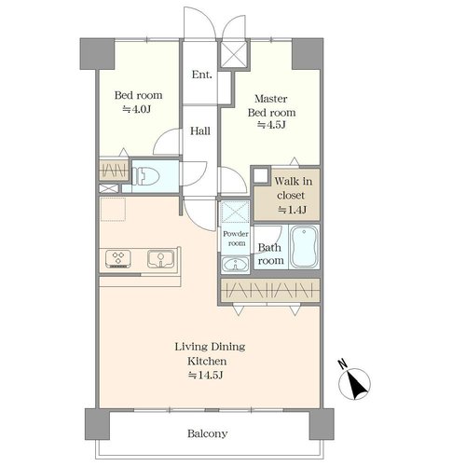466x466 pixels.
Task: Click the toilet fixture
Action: [x=145, y=176]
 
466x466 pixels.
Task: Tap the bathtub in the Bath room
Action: [x=304, y=246]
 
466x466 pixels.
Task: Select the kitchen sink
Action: [x=160, y=259]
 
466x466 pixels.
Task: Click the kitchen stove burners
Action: [x=118, y=259]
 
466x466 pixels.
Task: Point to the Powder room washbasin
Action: [x=235, y=265]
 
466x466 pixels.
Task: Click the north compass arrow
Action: [x=356, y=385]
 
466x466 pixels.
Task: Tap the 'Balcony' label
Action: [x=207, y=433]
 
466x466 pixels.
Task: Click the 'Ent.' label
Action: [x=202, y=75]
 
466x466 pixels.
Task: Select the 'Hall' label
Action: [x=200, y=130]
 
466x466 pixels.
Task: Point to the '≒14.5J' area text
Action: [x=206, y=376]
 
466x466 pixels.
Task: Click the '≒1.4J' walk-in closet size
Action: [x=292, y=210]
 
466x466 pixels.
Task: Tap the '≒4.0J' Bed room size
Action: [x=137, y=109]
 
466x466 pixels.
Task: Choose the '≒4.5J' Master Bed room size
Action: [x=271, y=125]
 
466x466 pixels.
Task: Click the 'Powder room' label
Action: [x=236, y=239]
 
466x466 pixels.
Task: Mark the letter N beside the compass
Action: [x=343, y=363]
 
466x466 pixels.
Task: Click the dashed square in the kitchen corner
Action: [x=113, y=209]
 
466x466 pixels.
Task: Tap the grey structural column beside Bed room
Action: [x=97, y=54]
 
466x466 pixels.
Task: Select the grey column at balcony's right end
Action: [x=322, y=424]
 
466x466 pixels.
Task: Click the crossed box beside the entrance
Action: [x=235, y=54]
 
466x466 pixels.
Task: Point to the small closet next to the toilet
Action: [x=114, y=170]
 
